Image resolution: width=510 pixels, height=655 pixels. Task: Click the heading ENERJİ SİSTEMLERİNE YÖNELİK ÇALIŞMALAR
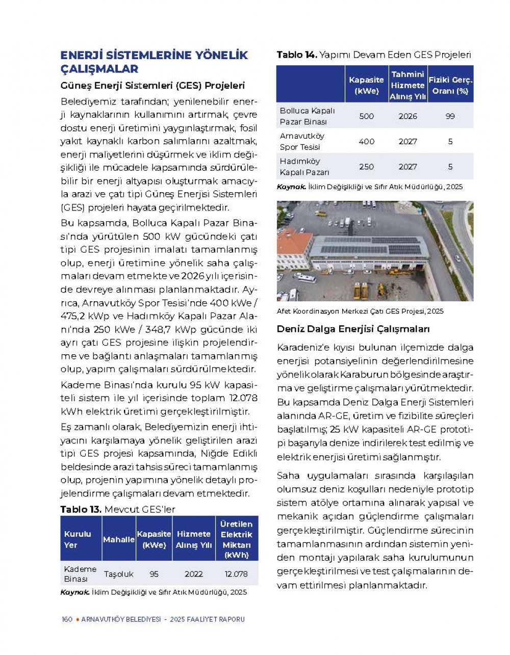(154, 62)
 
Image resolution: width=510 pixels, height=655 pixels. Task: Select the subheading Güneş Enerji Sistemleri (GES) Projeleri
(152, 85)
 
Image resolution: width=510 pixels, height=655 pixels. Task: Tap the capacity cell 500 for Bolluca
(366, 116)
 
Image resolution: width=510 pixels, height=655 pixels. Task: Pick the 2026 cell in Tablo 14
(407, 116)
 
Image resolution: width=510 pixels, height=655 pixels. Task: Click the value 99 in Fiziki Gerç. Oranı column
(450, 116)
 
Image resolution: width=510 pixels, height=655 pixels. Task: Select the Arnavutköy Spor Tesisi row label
(302, 141)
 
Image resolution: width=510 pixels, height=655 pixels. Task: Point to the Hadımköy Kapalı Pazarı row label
(304, 167)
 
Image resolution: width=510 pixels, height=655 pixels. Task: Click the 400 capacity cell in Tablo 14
(366, 141)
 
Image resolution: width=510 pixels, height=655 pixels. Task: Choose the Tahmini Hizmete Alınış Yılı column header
(407, 85)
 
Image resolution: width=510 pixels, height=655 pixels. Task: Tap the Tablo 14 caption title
(373, 55)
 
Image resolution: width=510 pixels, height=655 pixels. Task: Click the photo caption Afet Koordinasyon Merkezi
(360, 311)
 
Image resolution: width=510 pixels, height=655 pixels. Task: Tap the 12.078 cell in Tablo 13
(236, 574)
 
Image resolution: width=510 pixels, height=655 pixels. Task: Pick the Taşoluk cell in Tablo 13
(118, 574)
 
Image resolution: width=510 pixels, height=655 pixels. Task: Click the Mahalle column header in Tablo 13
(118, 539)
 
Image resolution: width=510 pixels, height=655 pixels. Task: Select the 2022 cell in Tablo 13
(193, 574)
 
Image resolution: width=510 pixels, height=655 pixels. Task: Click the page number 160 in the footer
(67, 619)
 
